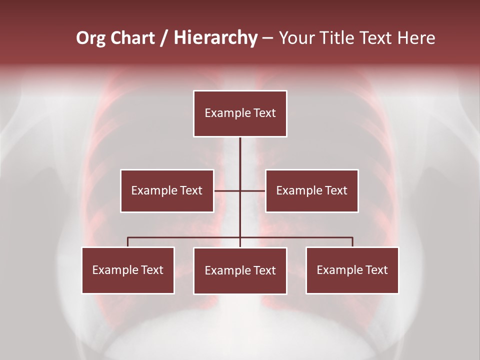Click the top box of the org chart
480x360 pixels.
(x=240, y=113)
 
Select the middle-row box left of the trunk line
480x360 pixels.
(x=167, y=190)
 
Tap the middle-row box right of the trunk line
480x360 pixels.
(x=311, y=190)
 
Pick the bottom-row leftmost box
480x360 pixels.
(x=128, y=270)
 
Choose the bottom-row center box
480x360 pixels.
(x=240, y=270)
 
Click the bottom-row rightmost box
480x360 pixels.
(x=352, y=270)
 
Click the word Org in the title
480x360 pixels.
(x=90, y=38)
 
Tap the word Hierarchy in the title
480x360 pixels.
(x=215, y=38)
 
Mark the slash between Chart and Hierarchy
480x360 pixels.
(x=164, y=38)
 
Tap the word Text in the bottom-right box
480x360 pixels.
(x=376, y=270)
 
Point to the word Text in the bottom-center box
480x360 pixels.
(x=264, y=270)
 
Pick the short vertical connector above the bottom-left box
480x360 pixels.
(x=128, y=242)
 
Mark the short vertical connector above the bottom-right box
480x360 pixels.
(x=352, y=242)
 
